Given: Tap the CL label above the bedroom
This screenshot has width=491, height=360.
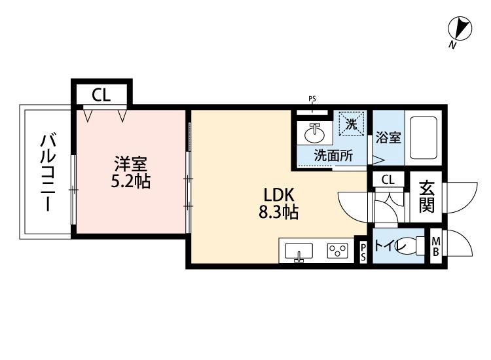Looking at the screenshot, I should tap(101, 96).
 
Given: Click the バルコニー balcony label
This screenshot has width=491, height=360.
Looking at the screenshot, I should tap(48, 172).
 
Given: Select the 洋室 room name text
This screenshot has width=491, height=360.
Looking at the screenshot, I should tap(130, 163).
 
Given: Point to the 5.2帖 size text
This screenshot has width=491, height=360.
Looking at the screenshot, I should tap(130, 181).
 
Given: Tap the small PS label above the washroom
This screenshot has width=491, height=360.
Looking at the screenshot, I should tap(312, 99).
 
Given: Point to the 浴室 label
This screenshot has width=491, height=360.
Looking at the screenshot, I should tap(388, 138).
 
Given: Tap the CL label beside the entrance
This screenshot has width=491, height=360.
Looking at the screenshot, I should tap(388, 180).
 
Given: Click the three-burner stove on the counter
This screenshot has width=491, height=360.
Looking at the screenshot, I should tap(338, 250).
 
